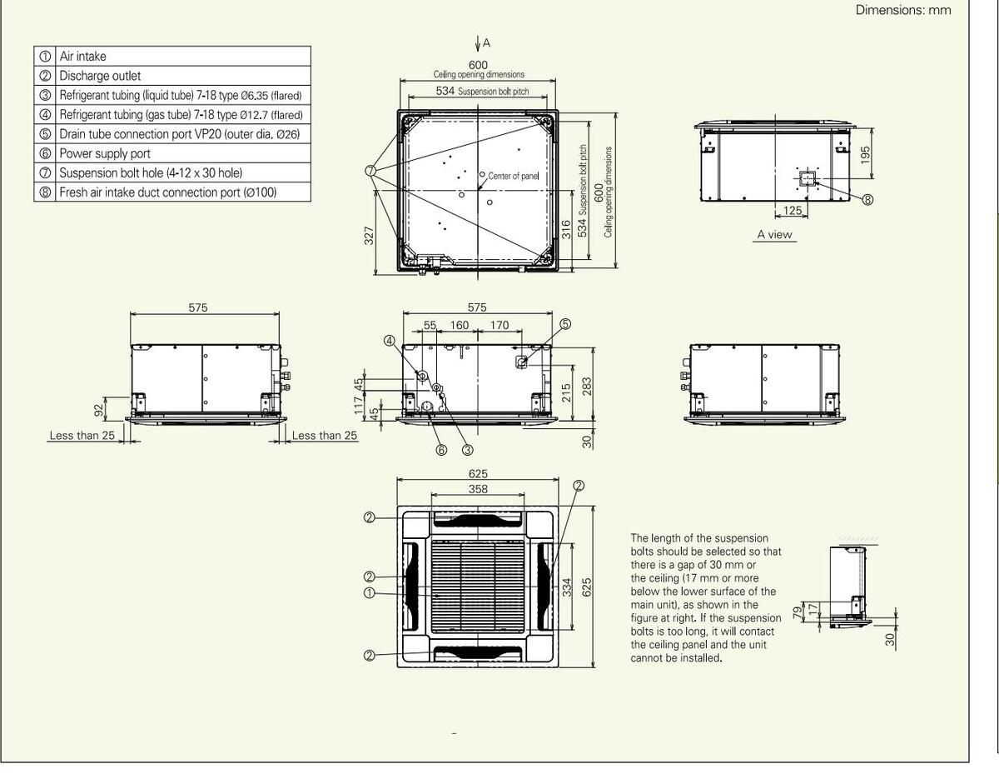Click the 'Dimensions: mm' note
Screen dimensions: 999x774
coord(903,10)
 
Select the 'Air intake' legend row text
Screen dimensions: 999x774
coord(82,56)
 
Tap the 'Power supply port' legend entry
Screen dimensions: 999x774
coord(105,153)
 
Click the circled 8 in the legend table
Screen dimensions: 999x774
coord(45,192)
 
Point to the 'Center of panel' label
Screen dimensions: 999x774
coord(513,176)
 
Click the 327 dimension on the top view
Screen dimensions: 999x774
coord(369,236)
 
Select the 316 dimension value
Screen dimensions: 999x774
coord(566,229)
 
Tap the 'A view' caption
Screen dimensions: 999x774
coord(775,235)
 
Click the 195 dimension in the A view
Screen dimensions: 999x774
coord(865,154)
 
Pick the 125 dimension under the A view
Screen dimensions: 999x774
coord(792,210)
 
